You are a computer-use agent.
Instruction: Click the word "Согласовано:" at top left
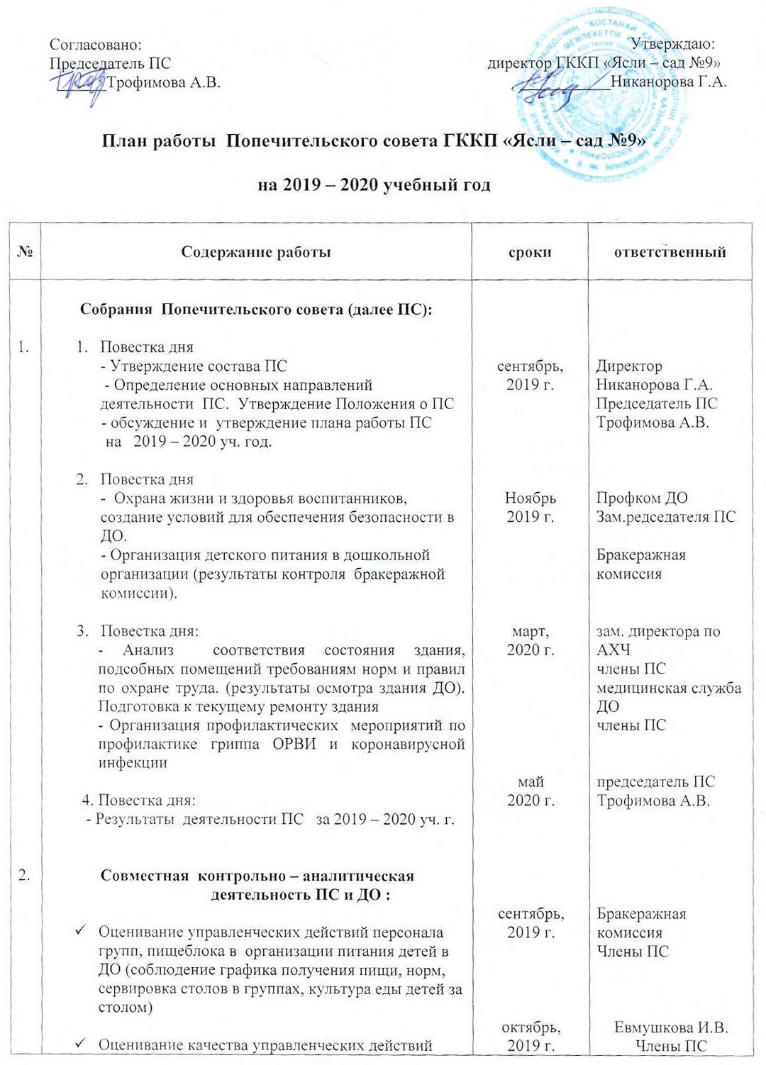click(x=96, y=45)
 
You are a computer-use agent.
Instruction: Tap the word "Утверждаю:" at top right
click(x=672, y=45)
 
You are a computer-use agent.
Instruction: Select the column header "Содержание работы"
click(x=256, y=252)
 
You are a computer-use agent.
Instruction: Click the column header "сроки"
click(x=530, y=252)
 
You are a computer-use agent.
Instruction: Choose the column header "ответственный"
click(x=670, y=252)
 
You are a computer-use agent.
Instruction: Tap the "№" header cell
click(x=26, y=252)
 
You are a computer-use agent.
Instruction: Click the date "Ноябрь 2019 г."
click(x=531, y=507)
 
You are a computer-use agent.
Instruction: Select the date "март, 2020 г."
click(x=531, y=640)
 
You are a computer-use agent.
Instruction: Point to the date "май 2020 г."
click(x=531, y=791)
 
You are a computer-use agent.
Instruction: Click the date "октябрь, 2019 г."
click(x=531, y=1036)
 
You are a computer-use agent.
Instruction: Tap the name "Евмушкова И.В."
click(x=671, y=1027)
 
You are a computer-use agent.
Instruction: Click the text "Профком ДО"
click(x=642, y=498)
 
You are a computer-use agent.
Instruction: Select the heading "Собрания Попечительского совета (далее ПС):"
click(x=256, y=309)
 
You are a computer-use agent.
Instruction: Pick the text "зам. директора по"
click(x=658, y=631)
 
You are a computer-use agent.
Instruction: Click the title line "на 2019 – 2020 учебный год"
click(x=374, y=185)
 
